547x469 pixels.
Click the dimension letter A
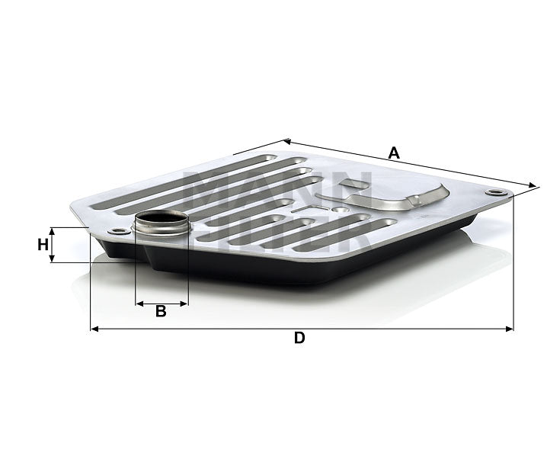394,153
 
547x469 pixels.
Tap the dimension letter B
161,311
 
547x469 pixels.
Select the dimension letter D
299,339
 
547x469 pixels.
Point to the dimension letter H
43,245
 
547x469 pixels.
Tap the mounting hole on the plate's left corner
116,232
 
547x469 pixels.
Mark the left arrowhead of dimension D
94,329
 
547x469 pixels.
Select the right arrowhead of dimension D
510,329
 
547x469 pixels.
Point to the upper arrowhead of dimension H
52,230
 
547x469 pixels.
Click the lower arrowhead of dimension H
52,259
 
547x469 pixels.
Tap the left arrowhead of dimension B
139,304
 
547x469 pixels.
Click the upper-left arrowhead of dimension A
286,140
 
